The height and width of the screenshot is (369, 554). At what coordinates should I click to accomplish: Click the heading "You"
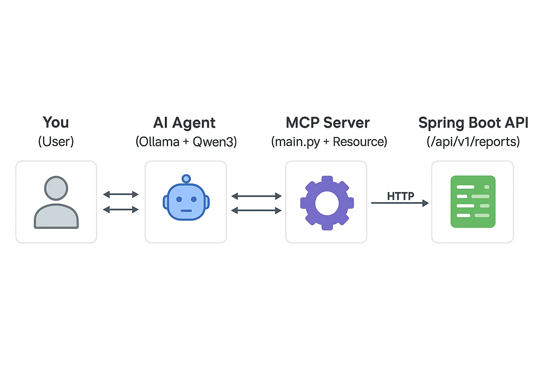pos(56,122)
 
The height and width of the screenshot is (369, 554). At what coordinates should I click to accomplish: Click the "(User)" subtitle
pos(56,141)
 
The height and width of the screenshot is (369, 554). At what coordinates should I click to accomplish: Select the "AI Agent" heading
pos(184,123)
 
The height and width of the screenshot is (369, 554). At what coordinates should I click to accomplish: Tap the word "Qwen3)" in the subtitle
pos(215,142)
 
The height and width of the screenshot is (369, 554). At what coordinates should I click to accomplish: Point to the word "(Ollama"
pos(157,142)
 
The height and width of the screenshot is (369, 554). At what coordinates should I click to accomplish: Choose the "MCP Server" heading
pos(328,123)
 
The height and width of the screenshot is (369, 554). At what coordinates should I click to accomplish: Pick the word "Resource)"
pos(360,142)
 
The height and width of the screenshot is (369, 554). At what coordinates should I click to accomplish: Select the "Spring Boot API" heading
pos(473,123)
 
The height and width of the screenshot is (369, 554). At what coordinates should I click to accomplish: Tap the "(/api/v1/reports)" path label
pos(473,142)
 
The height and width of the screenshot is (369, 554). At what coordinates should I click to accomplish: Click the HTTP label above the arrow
pos(400,196)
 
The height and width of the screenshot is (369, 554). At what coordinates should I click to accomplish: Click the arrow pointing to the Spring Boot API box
pos(400,203)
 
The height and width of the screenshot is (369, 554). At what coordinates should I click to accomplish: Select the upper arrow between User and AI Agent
pos(121,194)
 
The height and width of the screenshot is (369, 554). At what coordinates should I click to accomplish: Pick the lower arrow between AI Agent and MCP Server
pos(256,210)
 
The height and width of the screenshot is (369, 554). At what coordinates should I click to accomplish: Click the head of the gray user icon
pos(56,188)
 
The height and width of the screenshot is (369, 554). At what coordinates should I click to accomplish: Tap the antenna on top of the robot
pos(186,179)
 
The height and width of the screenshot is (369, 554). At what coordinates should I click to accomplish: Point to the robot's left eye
pos(179,199)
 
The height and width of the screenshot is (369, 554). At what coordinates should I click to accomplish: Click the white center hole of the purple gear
pos(327,203)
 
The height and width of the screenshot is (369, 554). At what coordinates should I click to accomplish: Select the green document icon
pos(473,201)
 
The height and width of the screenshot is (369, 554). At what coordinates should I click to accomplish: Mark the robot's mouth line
pos(186,211)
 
